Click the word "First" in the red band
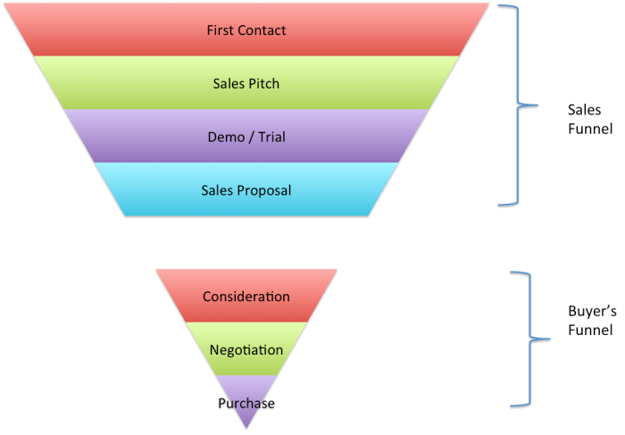click(x=220, y=30)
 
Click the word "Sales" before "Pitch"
click(x=229, y=84)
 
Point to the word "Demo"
click(x=224, y=138)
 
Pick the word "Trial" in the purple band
click(x=271, y=138)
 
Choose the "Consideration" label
click(x=246, y=297)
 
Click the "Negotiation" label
click(x=246, y=350)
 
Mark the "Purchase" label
click(x=246, y=404)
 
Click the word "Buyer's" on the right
click(x=590, y=314)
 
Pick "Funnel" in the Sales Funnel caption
click(x=588, y=128)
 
